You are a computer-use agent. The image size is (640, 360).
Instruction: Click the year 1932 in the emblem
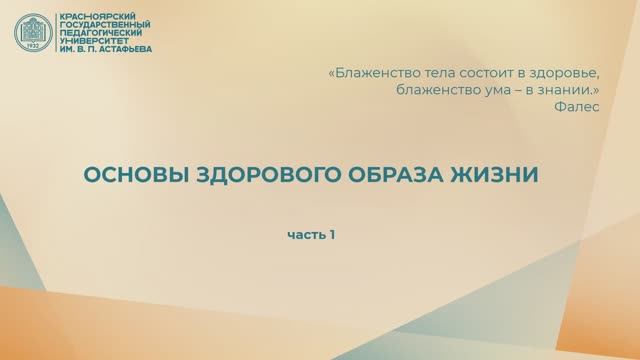(x=34, y=46)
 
